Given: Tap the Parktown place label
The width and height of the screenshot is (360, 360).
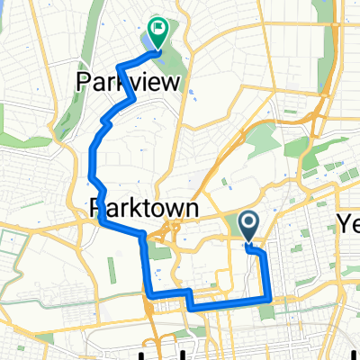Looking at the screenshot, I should [144, 208].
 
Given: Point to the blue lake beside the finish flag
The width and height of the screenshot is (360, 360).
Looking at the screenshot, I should [147, 44].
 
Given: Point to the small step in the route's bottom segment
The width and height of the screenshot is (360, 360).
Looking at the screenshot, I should [191, 301].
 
